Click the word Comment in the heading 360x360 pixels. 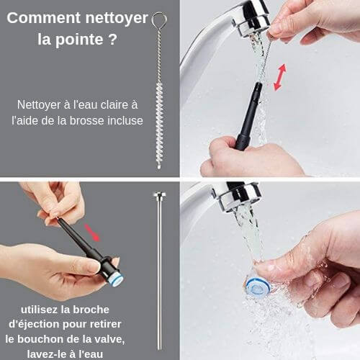pyautogui.click(x=44, y=18)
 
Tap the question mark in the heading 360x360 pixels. pyautogui.click(x=112, y=39)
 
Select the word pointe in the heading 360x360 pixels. pyautogui.click(x=79, y=40)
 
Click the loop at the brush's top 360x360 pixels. pyautogui.click(x=159, y=19)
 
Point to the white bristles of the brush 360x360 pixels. pyautogui.click(x=159, y=125)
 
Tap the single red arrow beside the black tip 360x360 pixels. pyautogui.click(x=91, y=233)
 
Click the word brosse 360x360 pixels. pyautogui.click(x=87, y=120)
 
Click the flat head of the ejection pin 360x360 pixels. pyautogui.click(x=160, y=194)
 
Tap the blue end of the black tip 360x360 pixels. pyautogui.click(x=117, y=279)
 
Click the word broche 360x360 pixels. pyautogui.click(x=91, y=310)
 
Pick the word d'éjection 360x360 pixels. pyautogui.click(x=35, y=325)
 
